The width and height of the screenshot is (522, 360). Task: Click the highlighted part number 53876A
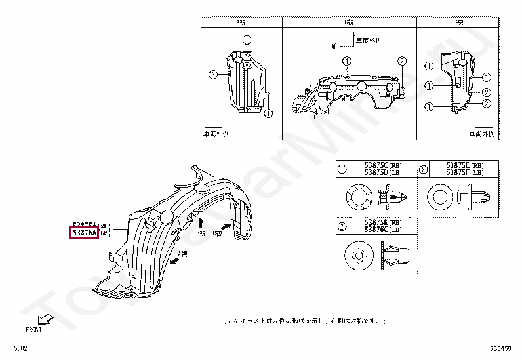(x=84, y=232)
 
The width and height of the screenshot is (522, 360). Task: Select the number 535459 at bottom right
(x=501, y=348)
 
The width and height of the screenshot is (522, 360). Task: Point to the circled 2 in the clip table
(x=342, y=226)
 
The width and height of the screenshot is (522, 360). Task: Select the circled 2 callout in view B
(x=401, y=61)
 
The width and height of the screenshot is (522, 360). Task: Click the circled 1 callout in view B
(x=346, y=61)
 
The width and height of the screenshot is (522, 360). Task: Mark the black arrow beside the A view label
(x=174, y=260)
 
